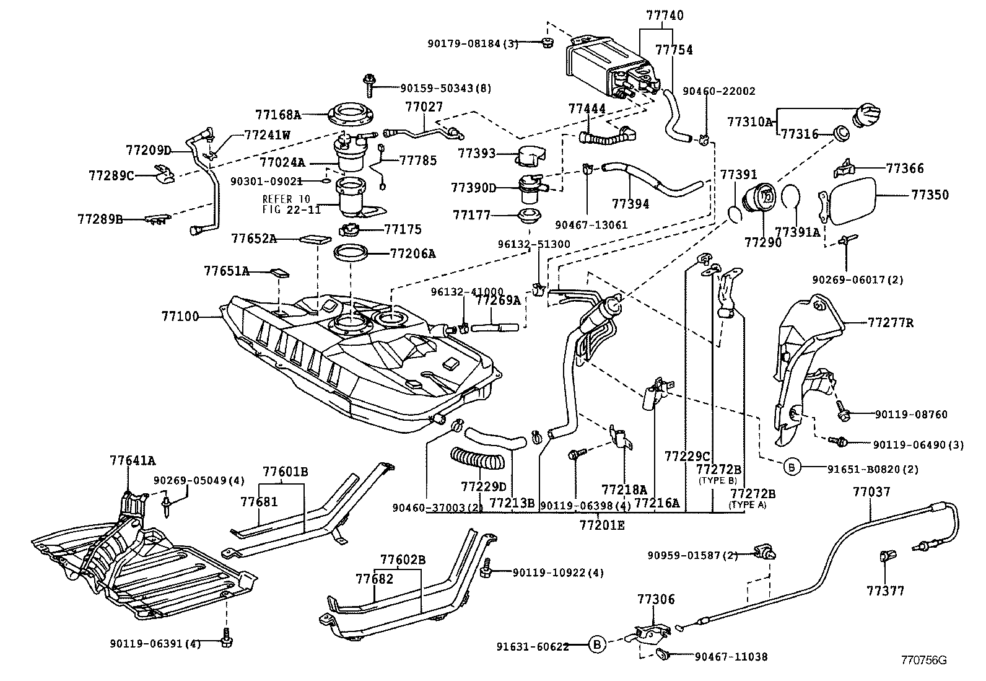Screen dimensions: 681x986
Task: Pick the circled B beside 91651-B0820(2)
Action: pyautogui.click(x=792, y=468)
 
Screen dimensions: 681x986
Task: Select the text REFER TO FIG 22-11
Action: pyautogui.click(x=291, y=204)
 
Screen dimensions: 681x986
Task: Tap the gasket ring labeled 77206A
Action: pyautogui.click(x=351, y=253)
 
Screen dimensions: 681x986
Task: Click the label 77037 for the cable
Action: pyautogui.click(x=871, y=493)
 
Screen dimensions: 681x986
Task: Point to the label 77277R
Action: pyautogui.click(x=891, y=323)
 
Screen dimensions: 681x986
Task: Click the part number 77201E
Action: pyautogui.click(x=602, y=525)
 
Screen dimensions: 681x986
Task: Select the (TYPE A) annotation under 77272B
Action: pyautogui.click(x=748, y=505)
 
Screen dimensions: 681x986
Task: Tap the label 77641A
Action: pyautogui.click(x=133, y=460)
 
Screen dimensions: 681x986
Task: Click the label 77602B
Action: pyautogui.click(x=403, y=560)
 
